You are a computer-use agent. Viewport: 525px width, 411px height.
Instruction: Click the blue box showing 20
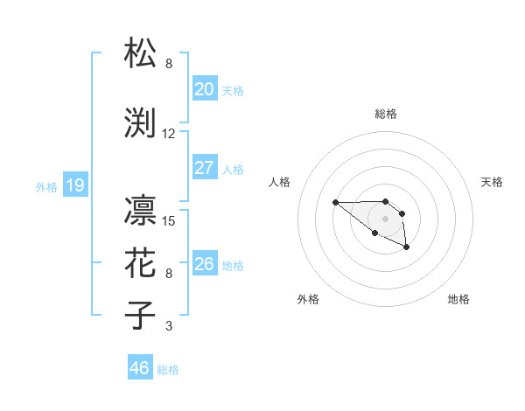204,89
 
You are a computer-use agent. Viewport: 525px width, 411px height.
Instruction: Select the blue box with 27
204,168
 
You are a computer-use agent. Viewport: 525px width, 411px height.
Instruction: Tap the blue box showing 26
204,264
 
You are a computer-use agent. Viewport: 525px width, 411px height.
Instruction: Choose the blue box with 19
74,185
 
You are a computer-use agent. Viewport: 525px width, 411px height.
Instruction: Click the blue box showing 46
140,368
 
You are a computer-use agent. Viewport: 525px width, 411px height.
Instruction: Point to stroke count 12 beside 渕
169,134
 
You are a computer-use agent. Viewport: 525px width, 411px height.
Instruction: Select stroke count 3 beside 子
169,326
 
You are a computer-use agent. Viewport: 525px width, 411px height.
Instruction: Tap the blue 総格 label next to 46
168,370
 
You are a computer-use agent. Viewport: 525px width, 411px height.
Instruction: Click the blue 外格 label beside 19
45,187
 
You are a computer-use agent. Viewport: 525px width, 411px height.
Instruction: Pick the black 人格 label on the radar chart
280,182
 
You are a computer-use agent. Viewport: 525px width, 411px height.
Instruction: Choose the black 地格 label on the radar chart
458,299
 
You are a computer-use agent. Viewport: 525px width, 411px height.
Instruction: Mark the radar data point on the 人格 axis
335,203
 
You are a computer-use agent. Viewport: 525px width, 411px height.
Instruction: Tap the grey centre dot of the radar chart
385,218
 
